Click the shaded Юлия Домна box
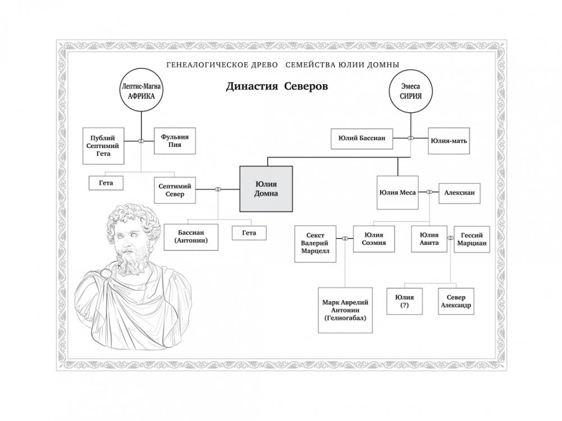point(267,188)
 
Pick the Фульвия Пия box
point(175,141)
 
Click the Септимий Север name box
point(175,190)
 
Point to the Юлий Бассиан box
point(362,138)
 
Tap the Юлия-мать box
point(447,141)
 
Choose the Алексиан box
point(459,192)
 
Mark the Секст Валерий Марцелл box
point(316,244)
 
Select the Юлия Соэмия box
point(375,239)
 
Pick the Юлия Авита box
point(429,239)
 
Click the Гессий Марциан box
point(472,240)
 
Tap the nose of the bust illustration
point(123,244)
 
